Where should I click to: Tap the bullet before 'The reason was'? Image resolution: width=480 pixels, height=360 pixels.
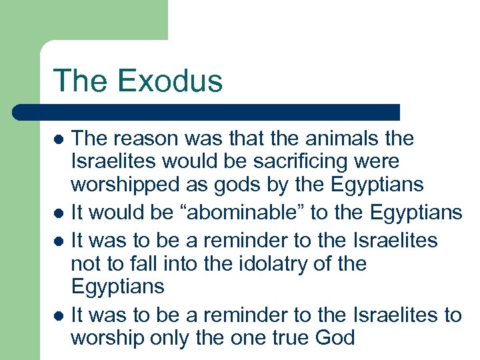(59, 139)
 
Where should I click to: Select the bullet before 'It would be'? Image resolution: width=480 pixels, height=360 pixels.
(59, 213)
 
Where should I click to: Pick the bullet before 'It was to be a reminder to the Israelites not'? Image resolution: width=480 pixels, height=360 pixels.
(59, 239)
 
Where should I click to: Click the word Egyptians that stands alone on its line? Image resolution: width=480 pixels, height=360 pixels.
(117, 287)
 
